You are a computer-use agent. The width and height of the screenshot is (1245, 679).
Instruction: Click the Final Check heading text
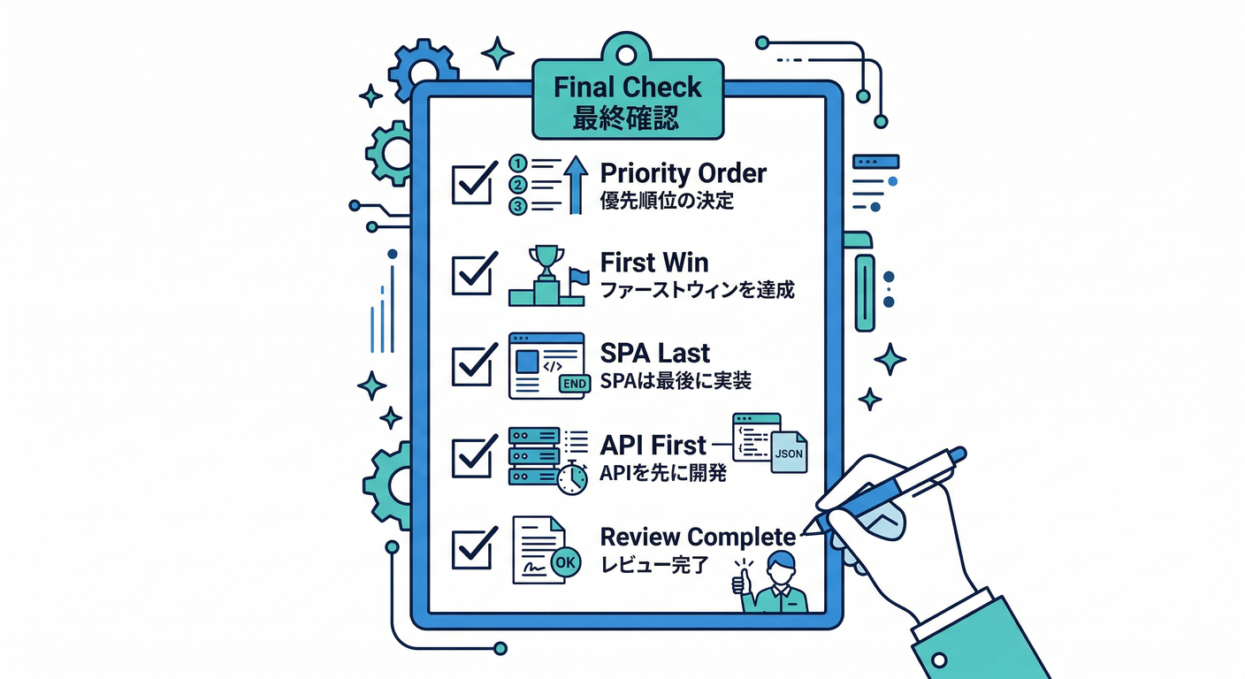[627, 88]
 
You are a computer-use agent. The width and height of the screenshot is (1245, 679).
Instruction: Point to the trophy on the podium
[546, 262]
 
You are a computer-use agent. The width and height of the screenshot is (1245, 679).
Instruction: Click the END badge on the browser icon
[574, 384]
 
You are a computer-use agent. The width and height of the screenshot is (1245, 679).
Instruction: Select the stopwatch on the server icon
[573, 478]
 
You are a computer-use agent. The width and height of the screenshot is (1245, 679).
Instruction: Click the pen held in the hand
[893, 488]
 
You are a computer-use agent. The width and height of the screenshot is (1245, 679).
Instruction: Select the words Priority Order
[683, 172]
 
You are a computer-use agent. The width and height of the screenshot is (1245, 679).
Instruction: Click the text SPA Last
[654, 354]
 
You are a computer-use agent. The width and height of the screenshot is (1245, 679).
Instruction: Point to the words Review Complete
[698, 536]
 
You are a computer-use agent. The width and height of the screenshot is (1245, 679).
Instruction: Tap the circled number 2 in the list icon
[519, 185]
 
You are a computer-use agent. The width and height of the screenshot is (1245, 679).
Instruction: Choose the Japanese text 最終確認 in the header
[627, 118]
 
